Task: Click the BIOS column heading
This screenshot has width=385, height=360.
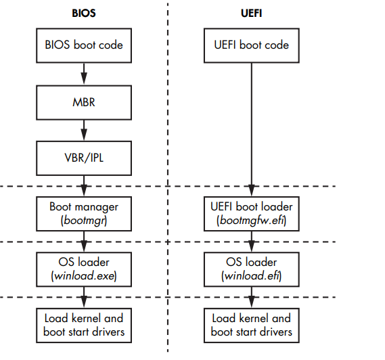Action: click(x=84, y=13)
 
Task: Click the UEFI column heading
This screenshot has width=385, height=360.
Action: click(x=252, y=13)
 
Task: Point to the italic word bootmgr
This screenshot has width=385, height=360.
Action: click(x=84, y=221)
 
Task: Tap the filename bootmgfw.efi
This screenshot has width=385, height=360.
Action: click(x=252, y=221)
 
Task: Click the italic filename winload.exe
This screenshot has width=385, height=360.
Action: click(x=84, y=276)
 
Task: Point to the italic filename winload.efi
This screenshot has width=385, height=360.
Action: click(x=252, y=276)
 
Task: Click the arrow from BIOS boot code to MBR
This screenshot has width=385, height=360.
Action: click(x=84, y=74)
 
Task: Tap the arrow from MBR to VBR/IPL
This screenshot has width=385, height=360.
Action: click(x=84, y=131)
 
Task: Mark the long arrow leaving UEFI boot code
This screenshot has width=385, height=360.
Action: click(x=252, y=129)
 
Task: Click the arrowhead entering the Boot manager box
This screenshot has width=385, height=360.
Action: click(x=84, y=191)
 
